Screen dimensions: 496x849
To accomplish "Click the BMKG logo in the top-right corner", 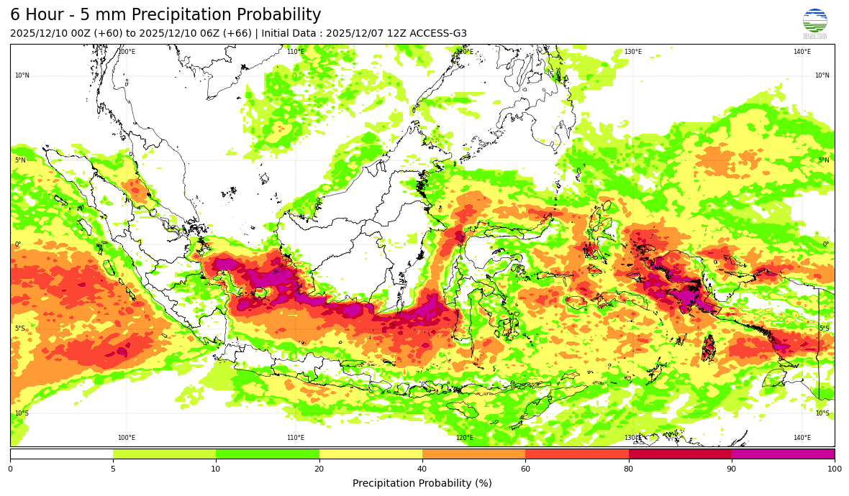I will [814, 23].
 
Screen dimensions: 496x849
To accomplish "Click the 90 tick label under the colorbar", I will [731, 469].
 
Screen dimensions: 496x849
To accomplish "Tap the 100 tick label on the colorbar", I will [834, 469].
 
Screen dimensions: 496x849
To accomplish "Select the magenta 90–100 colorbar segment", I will [783, 454].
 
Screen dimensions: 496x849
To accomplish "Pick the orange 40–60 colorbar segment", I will [473, 454].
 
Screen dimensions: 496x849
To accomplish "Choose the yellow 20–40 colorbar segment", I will [371, 454].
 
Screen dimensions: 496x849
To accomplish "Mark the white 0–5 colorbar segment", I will [61, 454].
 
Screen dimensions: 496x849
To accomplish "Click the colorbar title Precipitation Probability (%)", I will [422, 483].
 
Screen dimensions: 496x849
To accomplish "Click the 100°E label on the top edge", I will [127, 52].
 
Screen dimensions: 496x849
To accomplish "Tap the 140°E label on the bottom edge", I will [802, 438].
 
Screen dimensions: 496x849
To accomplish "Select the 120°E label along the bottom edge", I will [465, 438].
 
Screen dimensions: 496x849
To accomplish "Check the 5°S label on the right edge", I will [824, 329].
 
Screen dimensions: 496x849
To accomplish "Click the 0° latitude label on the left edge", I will [18, 244].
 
